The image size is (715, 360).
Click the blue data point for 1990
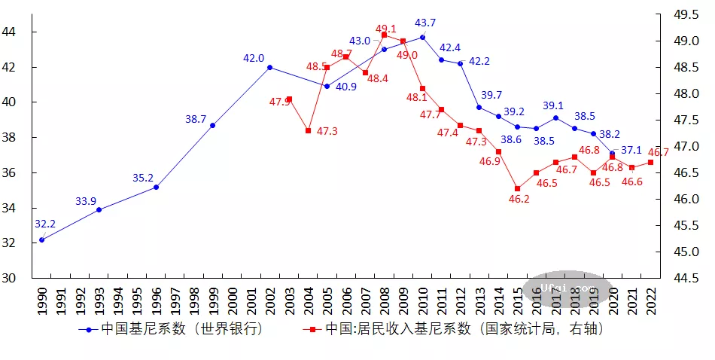[41, 239]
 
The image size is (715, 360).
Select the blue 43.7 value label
[425, 23]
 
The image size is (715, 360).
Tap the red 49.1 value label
[385, 29]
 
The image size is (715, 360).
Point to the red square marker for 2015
[517, 188]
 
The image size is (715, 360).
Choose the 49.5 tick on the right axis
[684, 14]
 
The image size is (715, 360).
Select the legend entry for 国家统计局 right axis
[455, 329]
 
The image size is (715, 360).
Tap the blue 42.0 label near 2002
[254, 58]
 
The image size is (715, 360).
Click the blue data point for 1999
[212, 125]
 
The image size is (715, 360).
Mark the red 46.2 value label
[519, 200]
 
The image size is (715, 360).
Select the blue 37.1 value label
[631, 151]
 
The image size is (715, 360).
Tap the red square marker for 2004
[308, 130]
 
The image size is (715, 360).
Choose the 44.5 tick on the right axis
[684, 279]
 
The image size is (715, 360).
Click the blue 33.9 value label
[86, 201]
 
